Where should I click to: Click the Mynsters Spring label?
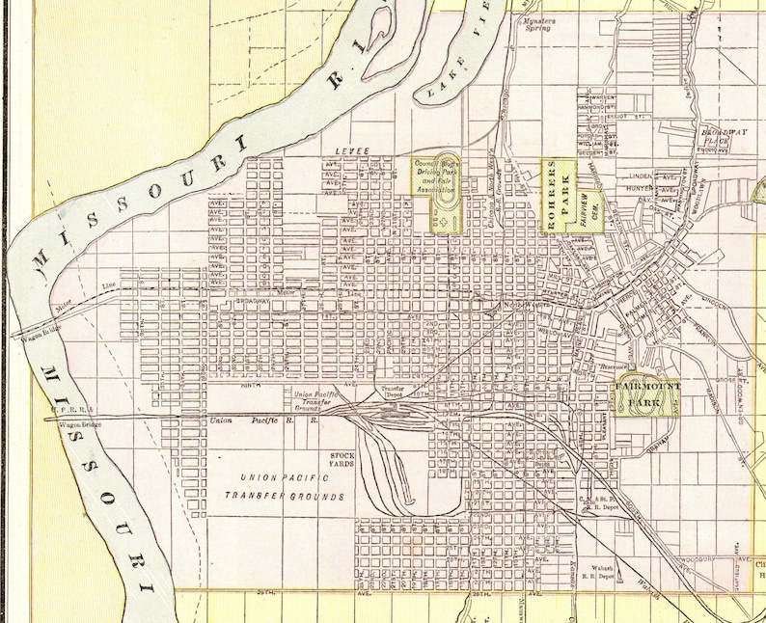[536, 23]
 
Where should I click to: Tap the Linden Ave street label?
[640, 176]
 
